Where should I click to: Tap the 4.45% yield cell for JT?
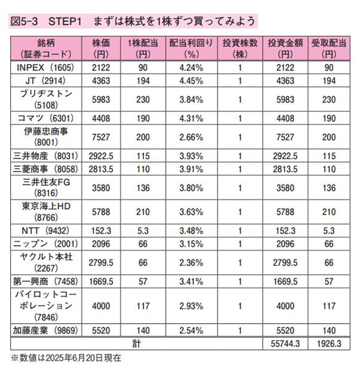click(x=187, y=79)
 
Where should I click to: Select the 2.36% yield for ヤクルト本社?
click(x=187, y=262)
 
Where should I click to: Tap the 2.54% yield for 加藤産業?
click(x=187, y=331)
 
